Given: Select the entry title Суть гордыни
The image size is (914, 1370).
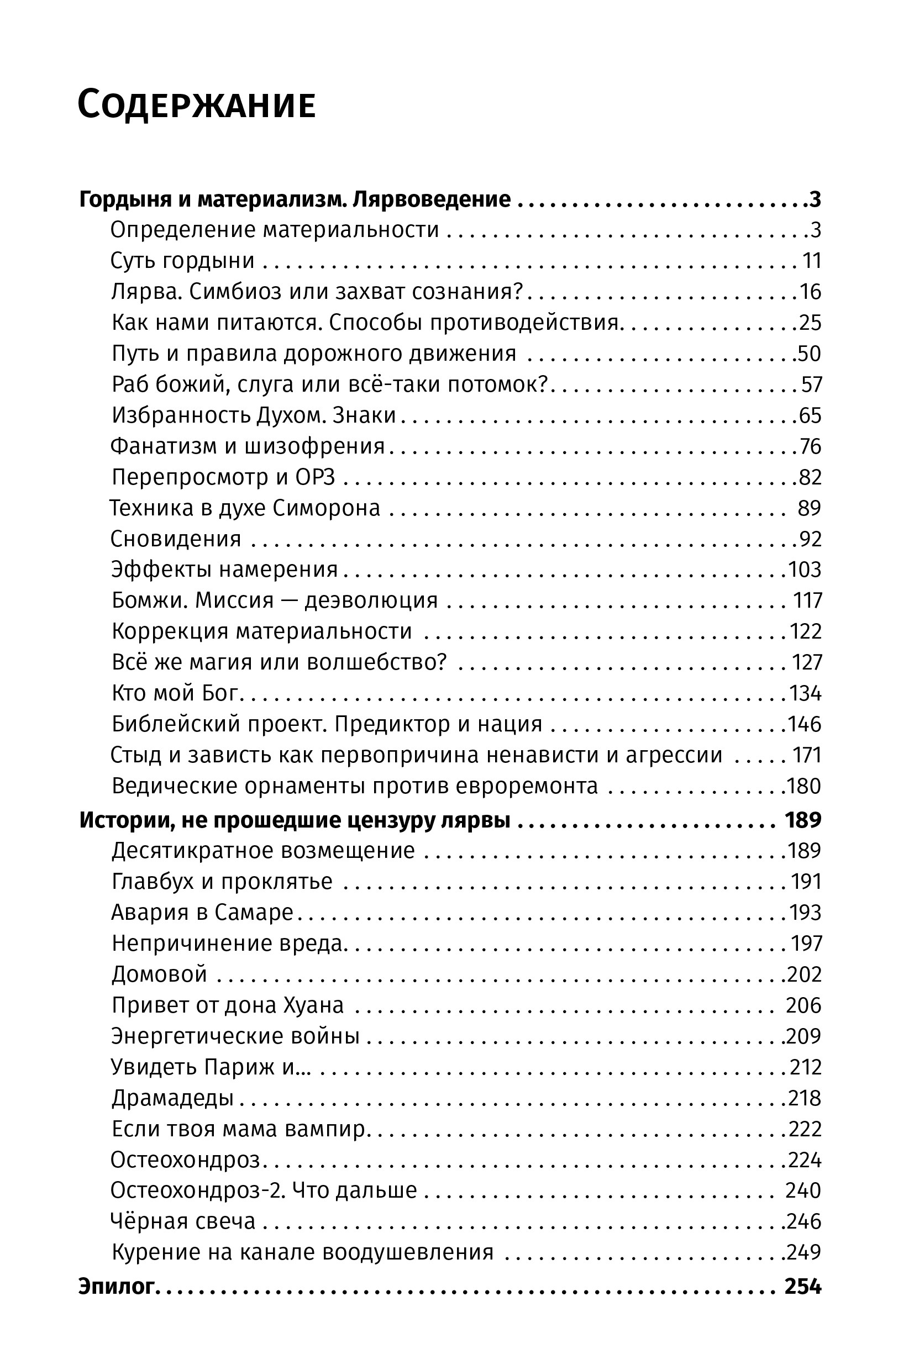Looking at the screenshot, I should (182, 261).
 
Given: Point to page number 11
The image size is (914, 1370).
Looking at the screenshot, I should (812, 261).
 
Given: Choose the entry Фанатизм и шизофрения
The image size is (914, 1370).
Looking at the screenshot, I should (248, 446).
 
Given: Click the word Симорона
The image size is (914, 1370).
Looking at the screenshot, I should (327, 508).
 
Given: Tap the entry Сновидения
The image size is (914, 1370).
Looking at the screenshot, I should (176, 539).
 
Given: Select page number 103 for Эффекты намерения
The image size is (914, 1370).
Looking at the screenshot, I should (805, 570).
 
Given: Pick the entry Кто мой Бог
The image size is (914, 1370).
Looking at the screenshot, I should (176, 693).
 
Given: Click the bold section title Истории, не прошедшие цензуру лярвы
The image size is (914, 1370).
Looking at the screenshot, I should (295, 820).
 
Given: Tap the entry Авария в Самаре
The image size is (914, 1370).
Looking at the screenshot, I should (202, 912).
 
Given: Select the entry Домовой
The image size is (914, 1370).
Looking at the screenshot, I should (159, 974).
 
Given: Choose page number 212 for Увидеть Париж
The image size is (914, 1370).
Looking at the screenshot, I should (806, 1067).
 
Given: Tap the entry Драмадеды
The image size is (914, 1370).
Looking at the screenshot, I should (172, 1098).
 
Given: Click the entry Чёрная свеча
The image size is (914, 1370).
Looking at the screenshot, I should (182, 1221).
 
